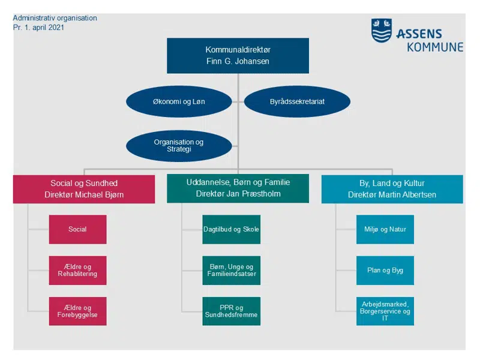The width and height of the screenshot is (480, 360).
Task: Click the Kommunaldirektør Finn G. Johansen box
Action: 238,56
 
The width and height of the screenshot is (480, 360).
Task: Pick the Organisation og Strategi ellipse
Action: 179,146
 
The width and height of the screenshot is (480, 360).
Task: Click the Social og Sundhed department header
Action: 83,189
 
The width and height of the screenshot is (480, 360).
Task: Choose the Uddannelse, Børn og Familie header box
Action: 238,188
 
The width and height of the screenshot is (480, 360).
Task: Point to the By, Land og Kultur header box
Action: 392,189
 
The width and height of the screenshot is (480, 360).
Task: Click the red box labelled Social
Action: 78,229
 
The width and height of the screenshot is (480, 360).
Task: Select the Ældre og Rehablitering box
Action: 78,271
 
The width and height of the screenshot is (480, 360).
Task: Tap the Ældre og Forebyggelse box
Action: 78,311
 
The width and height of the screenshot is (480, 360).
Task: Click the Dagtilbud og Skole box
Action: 232,229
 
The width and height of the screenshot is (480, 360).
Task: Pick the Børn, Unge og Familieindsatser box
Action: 232,271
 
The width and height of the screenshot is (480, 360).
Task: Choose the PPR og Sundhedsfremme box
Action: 232,311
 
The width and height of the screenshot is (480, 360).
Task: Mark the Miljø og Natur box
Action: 385,229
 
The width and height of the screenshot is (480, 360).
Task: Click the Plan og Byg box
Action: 385,271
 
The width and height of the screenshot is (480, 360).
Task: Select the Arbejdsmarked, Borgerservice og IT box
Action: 385,311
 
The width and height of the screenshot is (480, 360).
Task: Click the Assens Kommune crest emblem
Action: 382,31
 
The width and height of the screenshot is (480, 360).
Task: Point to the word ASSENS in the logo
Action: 419,33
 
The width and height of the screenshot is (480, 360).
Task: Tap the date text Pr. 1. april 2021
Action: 39,28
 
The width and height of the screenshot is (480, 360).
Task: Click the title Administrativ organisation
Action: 55,18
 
